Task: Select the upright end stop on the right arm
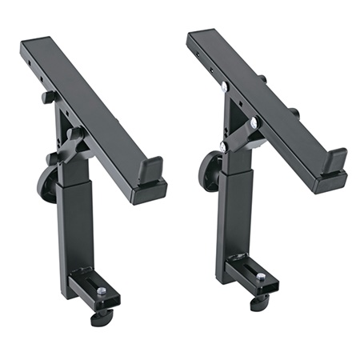click(x=336, y=159)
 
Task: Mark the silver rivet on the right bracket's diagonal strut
click(x=254, y=122)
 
